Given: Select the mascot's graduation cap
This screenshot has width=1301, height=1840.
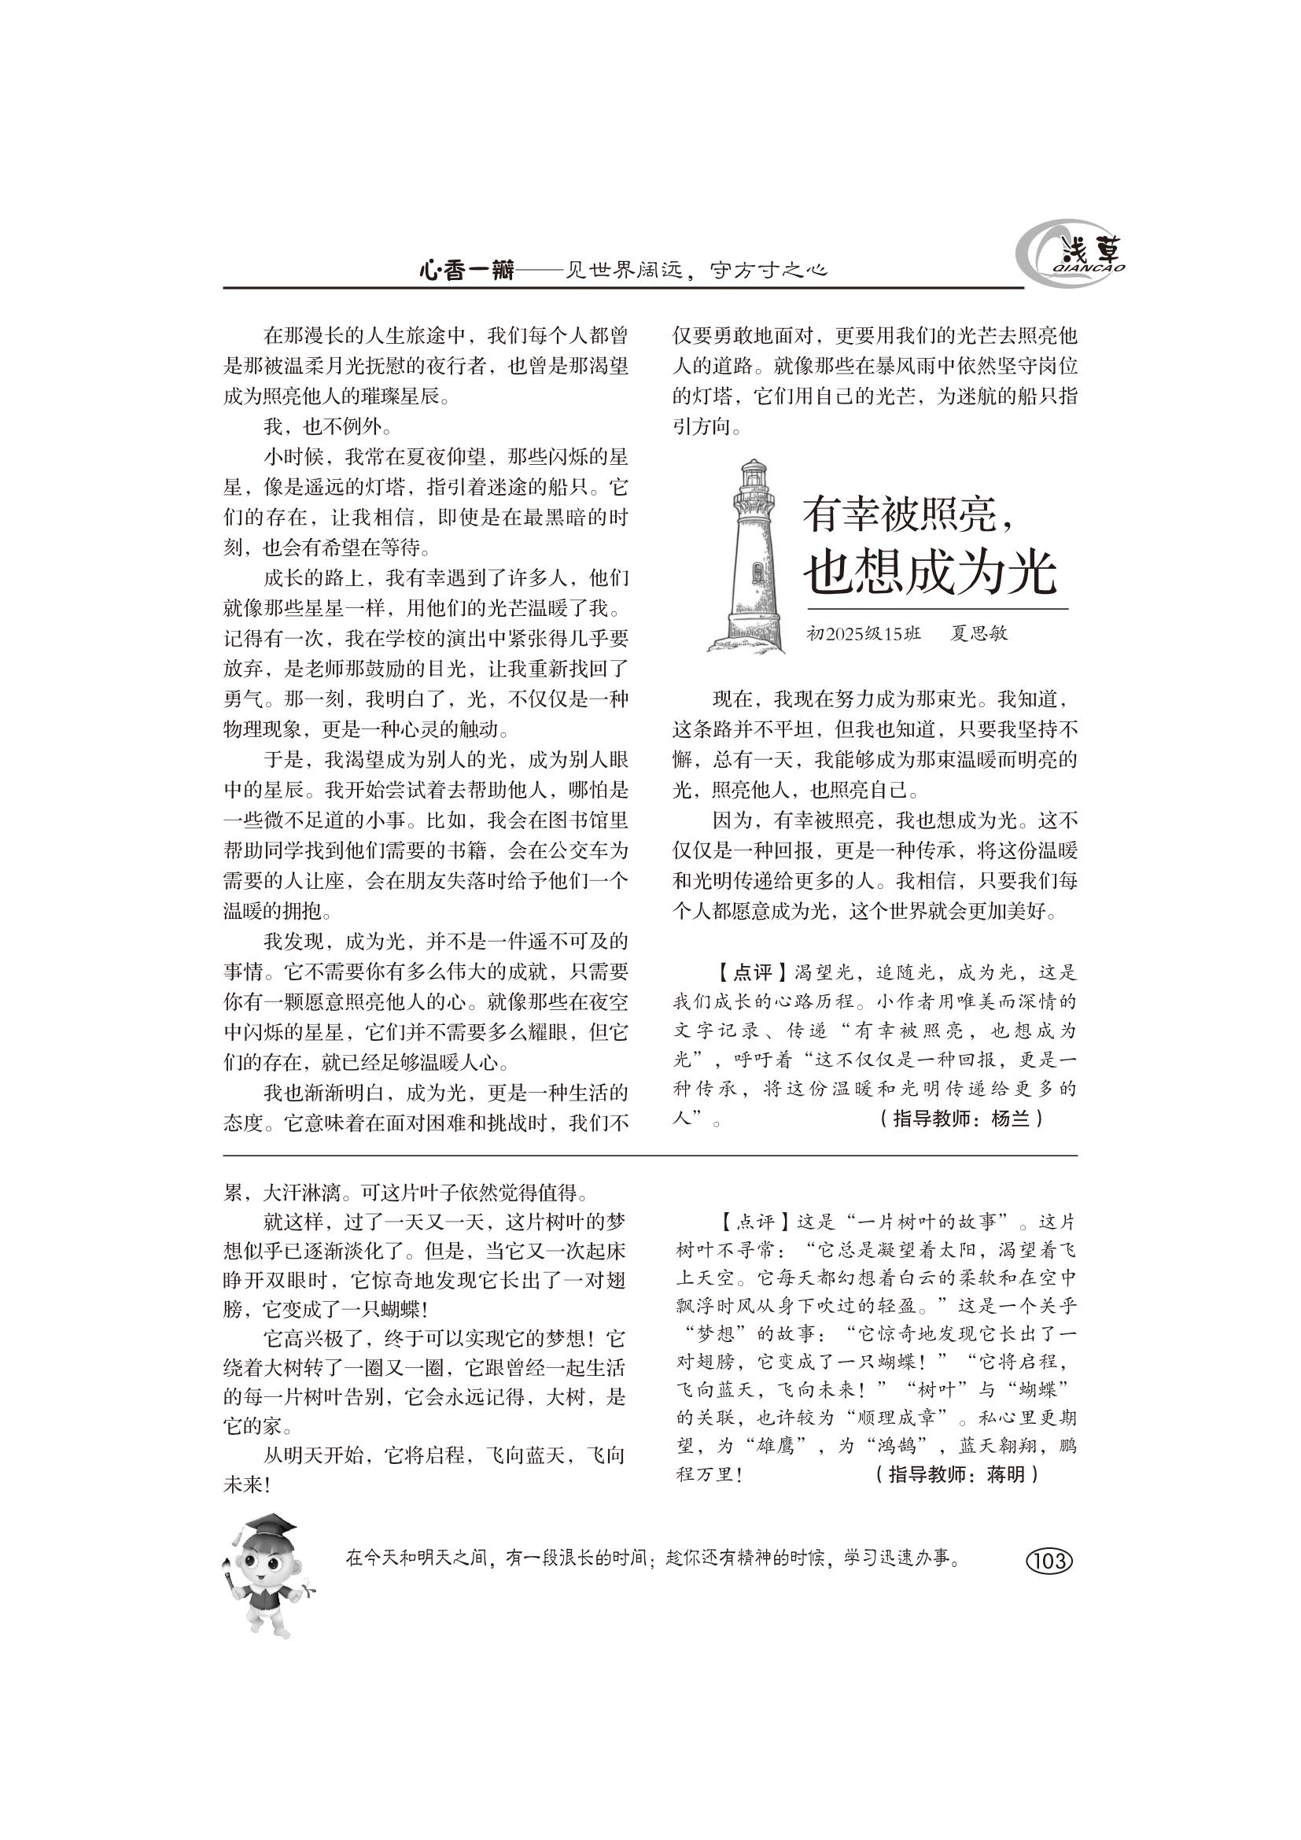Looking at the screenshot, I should point(268,1527).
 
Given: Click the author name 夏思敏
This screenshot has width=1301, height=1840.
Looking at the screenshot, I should point(979,633).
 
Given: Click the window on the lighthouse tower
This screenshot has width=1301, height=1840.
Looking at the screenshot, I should point(756,571).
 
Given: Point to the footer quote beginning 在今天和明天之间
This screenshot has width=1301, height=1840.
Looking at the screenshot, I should point(653,1558).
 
